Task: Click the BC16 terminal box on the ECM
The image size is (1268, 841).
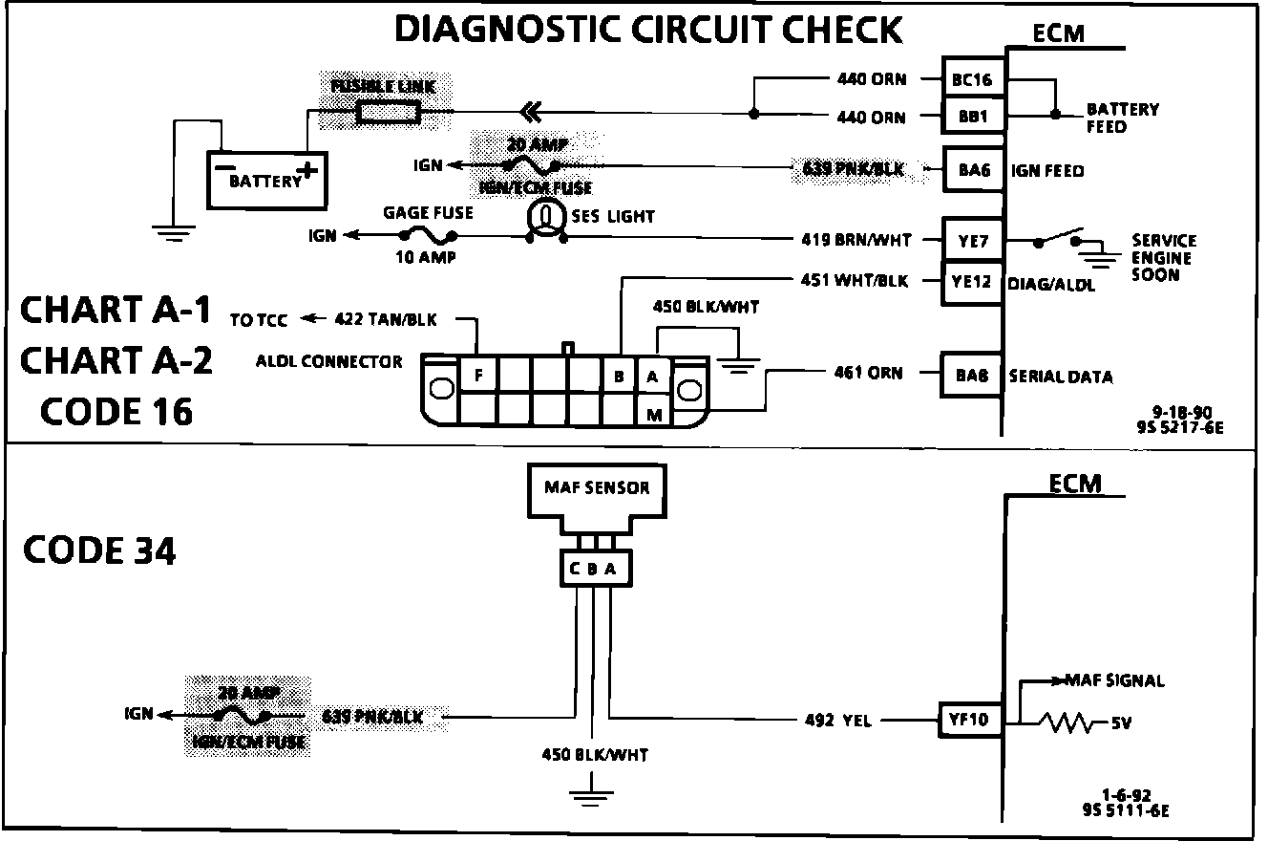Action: (972, 80)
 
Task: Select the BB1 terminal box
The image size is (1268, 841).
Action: (972, 117)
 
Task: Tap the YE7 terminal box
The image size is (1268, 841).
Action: (972, 241)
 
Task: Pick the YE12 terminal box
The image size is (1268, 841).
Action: (972, 282)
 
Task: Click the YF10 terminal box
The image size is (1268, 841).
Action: (971, 720)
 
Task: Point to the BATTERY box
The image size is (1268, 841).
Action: (267, 179)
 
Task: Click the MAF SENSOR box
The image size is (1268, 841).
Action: (597, 489)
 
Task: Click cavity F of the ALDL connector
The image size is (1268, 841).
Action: (477, 376)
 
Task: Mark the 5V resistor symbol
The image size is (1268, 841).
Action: (1067, 723)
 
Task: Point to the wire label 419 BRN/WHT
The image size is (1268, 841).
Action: (856, 241)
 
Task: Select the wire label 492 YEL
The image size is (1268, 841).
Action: (837, 722)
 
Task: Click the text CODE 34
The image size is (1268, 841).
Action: (99, 551)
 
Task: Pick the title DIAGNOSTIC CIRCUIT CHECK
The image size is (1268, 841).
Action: (648, 30)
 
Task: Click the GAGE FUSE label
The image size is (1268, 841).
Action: (428, 213)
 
